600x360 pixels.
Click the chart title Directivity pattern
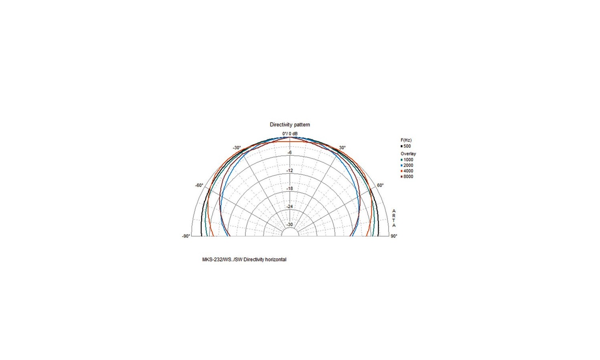290,124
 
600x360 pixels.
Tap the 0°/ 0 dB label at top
290,134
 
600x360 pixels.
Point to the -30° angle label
237,148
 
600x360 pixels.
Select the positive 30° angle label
342,148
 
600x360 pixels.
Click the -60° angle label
199,185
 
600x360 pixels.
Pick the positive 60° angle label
380,185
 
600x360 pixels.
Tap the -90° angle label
186,236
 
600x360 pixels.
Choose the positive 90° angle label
394,236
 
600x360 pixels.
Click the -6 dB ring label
290,153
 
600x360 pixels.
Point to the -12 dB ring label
290,171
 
